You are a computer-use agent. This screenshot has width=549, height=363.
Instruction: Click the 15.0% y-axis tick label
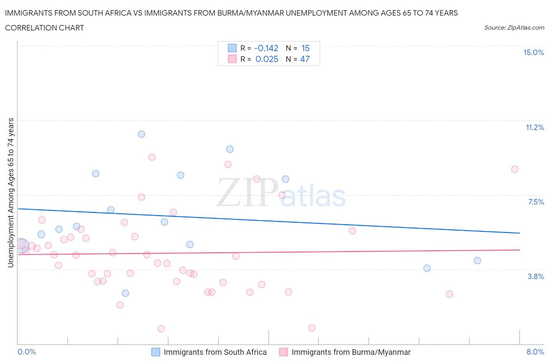pos(533,52)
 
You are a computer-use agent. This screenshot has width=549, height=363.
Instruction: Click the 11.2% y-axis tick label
pos(535,127)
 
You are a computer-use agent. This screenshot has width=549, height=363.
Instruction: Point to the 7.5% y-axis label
pos(536,202)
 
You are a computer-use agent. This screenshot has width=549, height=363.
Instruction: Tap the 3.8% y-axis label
pos(536,276)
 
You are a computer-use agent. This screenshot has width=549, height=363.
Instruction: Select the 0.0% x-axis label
pos(27,352)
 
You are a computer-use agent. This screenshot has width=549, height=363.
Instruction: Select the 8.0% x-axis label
pos(535,352)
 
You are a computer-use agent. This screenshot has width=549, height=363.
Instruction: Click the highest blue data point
pos(141,134)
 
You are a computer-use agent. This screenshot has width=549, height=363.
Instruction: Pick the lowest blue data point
pos(125,293)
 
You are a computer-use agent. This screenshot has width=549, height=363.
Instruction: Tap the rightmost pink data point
pos(515,169)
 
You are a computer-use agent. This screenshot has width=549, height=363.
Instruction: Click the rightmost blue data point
pos(477,260)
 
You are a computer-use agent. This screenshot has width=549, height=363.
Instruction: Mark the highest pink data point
pos(152,157)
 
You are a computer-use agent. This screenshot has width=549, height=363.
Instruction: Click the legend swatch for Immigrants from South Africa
pos(155,352)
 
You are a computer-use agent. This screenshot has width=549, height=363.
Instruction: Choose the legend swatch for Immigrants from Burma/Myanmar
pos(283,352)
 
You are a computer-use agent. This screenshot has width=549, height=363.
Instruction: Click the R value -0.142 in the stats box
pos(266,48)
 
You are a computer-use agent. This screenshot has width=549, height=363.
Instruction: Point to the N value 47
pos(305,59)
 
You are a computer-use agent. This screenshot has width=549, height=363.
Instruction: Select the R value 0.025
pos(267,59)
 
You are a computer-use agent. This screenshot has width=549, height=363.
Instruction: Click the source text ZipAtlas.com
pos(514,28)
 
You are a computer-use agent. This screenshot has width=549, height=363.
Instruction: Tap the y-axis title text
pos(11,192)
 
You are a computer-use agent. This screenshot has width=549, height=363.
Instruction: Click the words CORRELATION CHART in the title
pos(45,28)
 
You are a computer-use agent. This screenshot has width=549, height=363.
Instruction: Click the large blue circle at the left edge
pos(21,246)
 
